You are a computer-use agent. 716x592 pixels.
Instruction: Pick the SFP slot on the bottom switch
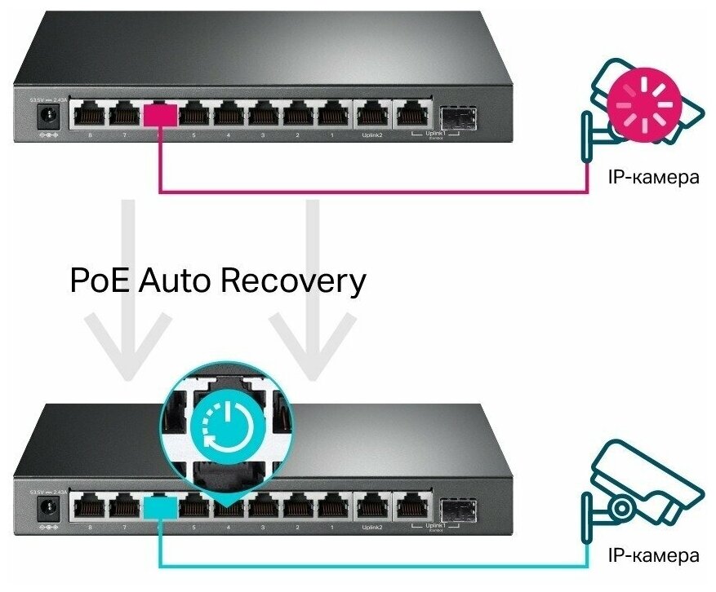(456, 507)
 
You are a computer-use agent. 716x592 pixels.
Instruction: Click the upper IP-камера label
(653, 177)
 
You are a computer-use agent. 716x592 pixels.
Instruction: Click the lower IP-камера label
(653, 556)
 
